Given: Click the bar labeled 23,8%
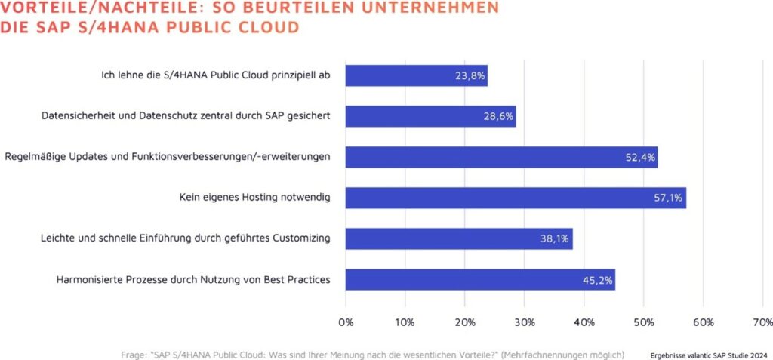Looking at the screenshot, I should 416,75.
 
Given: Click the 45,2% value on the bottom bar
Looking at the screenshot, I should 598,280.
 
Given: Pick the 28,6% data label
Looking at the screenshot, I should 499,117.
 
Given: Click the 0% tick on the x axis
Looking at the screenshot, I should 346,322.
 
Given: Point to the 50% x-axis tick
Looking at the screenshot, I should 643,322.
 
